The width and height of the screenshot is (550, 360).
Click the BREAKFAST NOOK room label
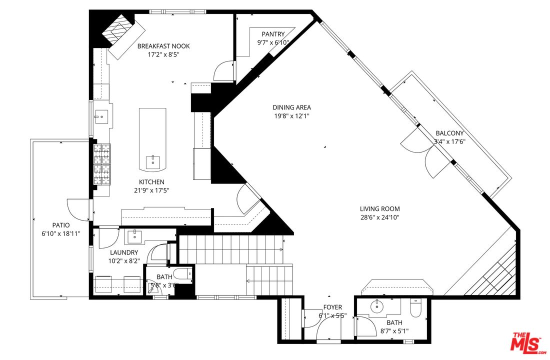[x=163, y=46]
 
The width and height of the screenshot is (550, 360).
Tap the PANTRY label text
[x=273, y=34]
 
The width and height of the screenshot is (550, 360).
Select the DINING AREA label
[x=291, y=107]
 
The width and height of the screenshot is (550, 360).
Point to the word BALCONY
[x=449, y=133]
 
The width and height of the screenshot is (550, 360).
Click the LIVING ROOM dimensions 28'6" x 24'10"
[x=379, y=217]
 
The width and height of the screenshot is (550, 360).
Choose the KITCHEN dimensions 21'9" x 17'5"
[x=151, y=190]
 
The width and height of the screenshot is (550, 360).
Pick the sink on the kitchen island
[x=153, y=161]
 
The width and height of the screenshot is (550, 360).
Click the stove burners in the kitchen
[x=101, y=163]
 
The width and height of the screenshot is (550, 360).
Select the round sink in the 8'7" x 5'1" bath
[x=376, y=306]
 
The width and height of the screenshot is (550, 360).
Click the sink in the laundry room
[x=134, y=236]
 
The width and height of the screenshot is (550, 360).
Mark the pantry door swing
[x=223, y=71]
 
